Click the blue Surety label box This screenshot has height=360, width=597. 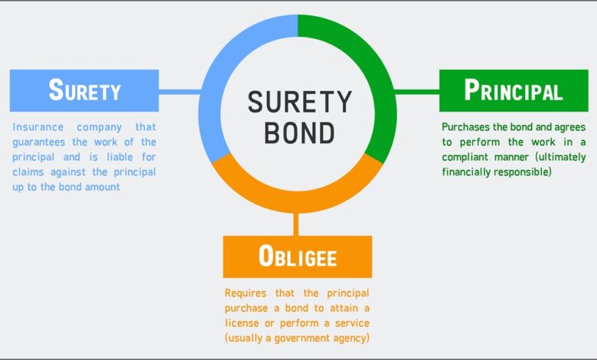pyautogui.click(x=84, y=90)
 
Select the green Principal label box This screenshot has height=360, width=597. pyautogui.click(x=514, y=90)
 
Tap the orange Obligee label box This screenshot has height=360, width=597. pyautogui.click(x=298, y=257)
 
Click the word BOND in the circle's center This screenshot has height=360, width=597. pyautogui.click(x=299, y=133)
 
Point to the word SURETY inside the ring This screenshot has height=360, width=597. pyautogui.click(x=299, y=102)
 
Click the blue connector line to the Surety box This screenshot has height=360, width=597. pyautogui.click(x=180, y=92)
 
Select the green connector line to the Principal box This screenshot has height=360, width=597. pyautogui.click(x=417, y=92)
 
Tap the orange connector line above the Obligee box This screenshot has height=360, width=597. pyautogui.click(x=296, y=224)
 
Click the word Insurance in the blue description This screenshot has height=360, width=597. pyautogui.click(x=38, y=127)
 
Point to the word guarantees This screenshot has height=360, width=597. pyautogui.click(x=39, y=142)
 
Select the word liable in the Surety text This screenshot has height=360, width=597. pyautogui.click(x=120, y=157)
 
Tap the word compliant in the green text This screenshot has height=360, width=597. pyautogui.click(x=465, y=157)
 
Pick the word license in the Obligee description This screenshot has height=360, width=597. pyautogui.click(x=240, y=323)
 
